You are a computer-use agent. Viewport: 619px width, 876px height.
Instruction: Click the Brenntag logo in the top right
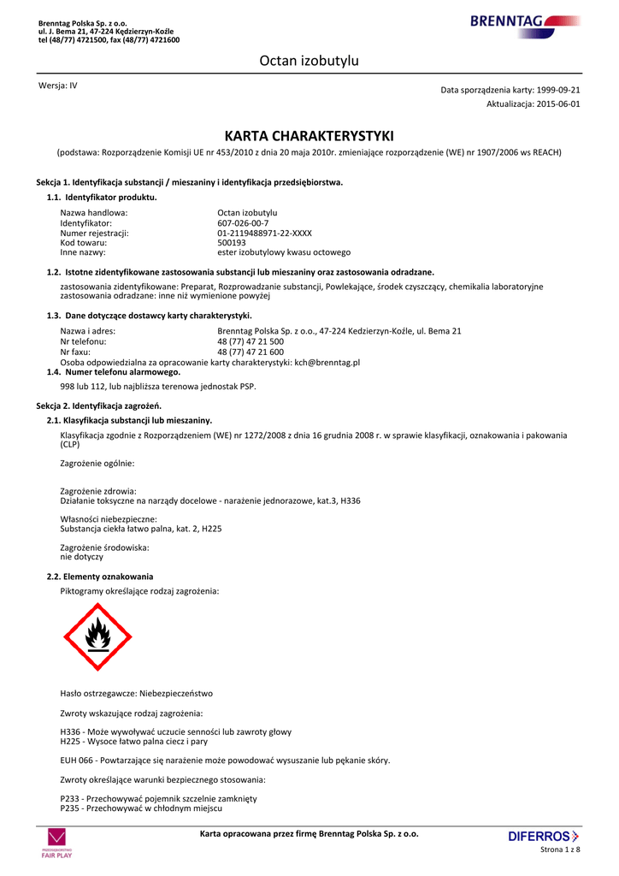click(x=524, y=22)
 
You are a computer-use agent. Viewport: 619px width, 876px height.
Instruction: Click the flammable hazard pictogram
click(x=97, y=636)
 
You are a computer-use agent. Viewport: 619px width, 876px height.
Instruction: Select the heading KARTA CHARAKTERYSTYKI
click(x=309, y=136)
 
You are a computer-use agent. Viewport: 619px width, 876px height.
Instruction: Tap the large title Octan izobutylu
click(x=309, y=61)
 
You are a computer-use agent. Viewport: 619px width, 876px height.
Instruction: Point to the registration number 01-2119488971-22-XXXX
click(x=264, y=233)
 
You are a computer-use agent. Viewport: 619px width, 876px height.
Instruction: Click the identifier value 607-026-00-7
click(x=243, y=222)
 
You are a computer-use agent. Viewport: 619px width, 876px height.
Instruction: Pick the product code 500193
click(x=230, y=242)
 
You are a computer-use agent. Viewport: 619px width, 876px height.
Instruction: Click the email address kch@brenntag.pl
click(x=327, y=362)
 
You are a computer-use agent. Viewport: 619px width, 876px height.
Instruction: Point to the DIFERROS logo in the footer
click(x=543, y=836)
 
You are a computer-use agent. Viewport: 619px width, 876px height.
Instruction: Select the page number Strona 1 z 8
click(x=560, y=849)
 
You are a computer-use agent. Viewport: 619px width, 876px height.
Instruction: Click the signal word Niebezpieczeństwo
click(x=176, y=693)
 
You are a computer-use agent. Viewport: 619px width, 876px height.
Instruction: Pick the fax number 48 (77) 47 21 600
click(x=251, y=352)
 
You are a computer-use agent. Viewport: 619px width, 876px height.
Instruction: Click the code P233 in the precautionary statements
click(x=69, y=798)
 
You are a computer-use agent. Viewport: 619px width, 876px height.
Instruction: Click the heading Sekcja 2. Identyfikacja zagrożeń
click(x=98, y=405)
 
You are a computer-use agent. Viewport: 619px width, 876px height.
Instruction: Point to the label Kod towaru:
click(x=84, y=242)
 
